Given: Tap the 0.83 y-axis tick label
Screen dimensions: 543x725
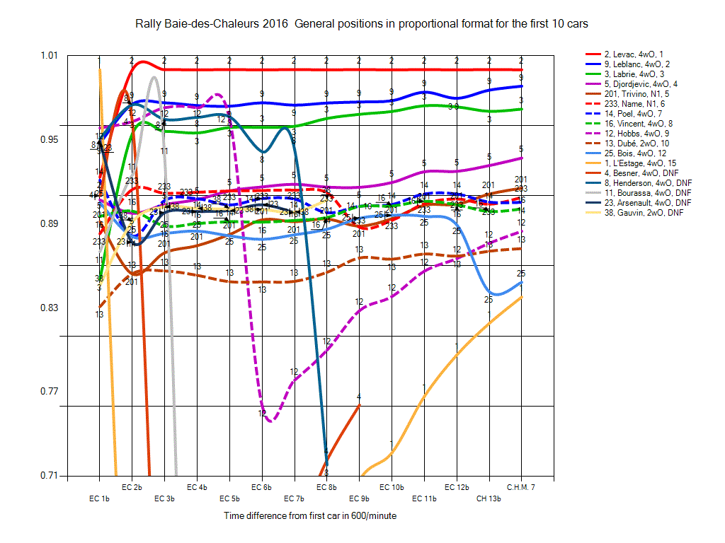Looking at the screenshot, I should click(x=52, y=308).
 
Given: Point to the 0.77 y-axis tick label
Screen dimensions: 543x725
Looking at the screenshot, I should click(x=52, y=392).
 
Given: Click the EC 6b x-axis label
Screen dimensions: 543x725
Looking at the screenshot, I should click(x=261, y=487).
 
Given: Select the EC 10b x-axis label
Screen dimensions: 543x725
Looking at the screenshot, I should click(x=392, y=487).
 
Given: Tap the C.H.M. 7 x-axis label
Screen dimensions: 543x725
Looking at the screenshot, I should click(x=520, y=487).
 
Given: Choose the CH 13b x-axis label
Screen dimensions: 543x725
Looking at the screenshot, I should click(x=489, y=498).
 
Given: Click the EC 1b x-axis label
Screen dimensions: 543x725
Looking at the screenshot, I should click(x=99, y=498).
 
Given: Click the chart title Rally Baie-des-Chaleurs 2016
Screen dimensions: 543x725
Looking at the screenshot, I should click(x=362, y=24).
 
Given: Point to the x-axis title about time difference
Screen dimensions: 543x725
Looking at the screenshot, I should click(x=310, y=516).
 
